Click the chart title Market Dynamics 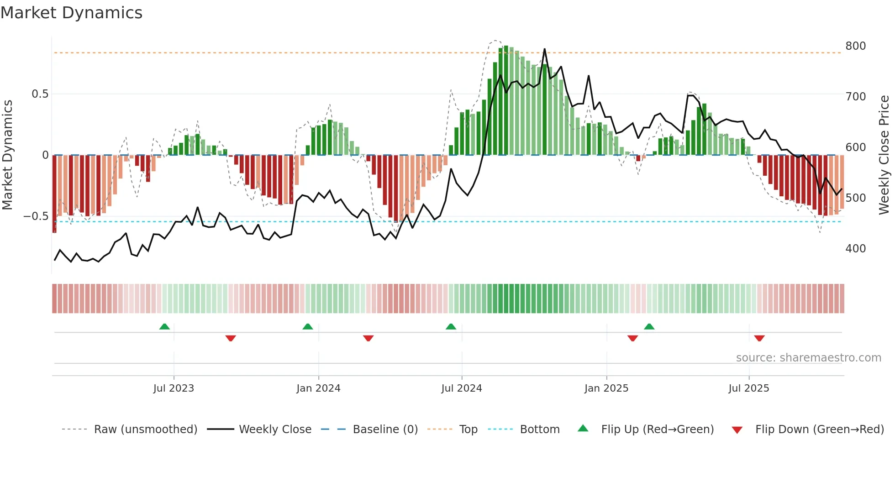(x=71, y=13)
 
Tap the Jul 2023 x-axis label (x=174, y=388)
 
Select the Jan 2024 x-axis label (x=318, y=388)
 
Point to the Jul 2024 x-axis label (x=462, y=388)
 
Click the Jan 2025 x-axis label (x=606, y=388)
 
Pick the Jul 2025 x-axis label (x=749, y=388)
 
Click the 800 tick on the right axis (x=855, y=46)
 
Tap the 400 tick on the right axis (x=855, y=249)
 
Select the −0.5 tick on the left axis (x=36, y=216)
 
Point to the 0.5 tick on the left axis (x=40, y=94)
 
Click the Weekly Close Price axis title (x=884, y=155)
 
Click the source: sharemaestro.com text (x=808, y=358)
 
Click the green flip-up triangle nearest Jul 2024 (x=451, y=326)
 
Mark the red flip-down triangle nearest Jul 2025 (x=759, y=338)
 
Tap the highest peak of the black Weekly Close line (x=544, y=49)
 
